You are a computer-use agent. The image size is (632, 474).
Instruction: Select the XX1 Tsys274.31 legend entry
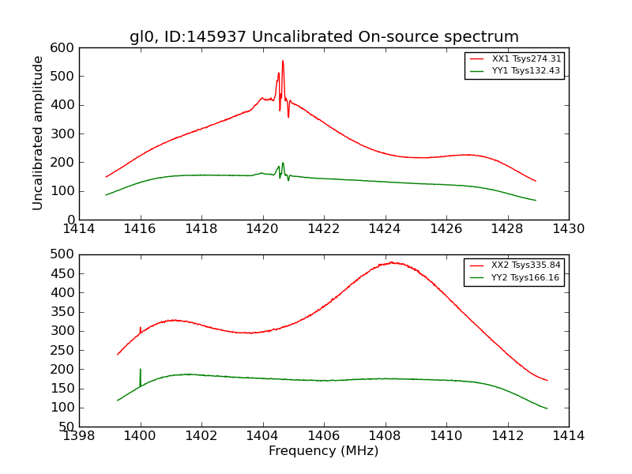526,58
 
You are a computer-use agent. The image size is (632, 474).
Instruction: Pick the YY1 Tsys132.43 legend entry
526,70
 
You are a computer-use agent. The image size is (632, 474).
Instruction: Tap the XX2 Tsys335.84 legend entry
526,265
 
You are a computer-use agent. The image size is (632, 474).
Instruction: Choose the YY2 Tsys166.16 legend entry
526,277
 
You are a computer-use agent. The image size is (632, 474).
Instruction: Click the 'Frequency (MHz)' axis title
323,451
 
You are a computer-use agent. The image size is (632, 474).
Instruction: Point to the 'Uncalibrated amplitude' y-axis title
38,133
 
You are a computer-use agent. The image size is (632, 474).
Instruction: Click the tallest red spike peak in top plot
283,62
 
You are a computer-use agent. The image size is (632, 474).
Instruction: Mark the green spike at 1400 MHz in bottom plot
141,370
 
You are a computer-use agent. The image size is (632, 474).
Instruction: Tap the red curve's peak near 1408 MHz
391,262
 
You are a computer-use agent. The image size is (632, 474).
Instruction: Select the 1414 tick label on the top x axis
80,229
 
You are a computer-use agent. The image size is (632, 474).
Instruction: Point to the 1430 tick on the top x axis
568,229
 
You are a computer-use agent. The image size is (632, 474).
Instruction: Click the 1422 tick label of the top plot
324,229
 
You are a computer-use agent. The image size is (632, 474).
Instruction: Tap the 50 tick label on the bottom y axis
68,427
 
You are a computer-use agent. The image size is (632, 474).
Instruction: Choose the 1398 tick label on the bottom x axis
80,435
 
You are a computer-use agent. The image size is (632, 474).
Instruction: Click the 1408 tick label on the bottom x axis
385,435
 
